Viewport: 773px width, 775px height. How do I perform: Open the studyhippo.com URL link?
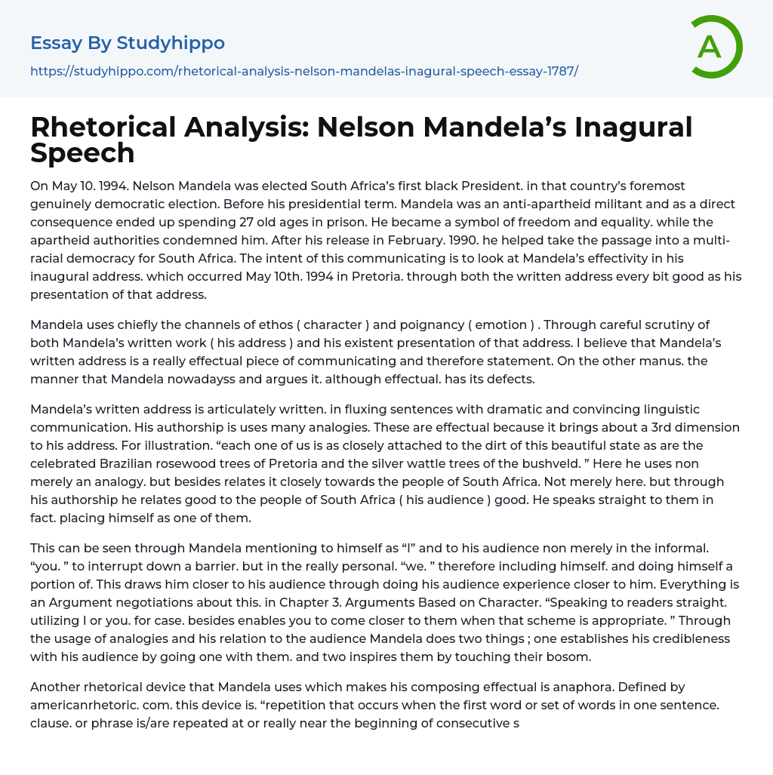pos(304,72)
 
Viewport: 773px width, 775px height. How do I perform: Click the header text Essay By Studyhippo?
pos(128,43)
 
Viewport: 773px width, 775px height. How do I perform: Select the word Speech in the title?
pos(82,152)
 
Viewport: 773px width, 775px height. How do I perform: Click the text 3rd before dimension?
pos(639,427)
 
